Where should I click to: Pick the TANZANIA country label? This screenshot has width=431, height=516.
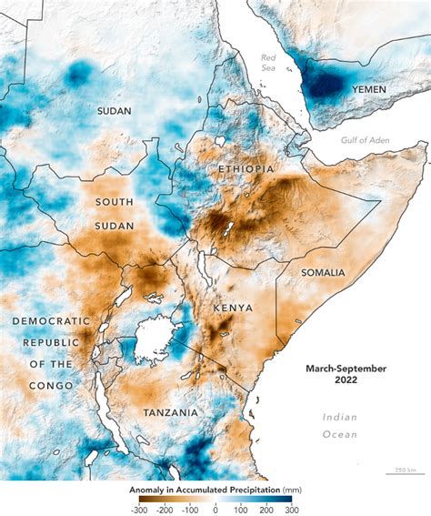coord(171,412)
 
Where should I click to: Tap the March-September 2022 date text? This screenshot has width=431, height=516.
coord(345,374)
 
